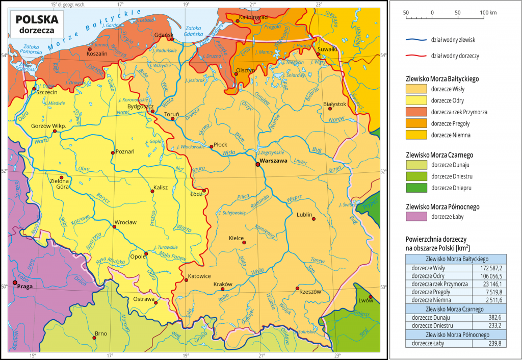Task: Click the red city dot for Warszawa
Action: (257, 164)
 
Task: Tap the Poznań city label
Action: (125, 151)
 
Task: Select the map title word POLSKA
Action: (37, 19)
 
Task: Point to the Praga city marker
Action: (15, 282)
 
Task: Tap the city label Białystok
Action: (335, 104)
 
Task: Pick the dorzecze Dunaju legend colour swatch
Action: (415, 165)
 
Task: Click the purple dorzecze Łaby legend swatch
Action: (415, 217)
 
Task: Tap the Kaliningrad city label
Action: (253, 17)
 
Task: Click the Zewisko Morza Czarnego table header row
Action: (455, 309)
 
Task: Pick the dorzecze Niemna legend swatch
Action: (415, 135)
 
